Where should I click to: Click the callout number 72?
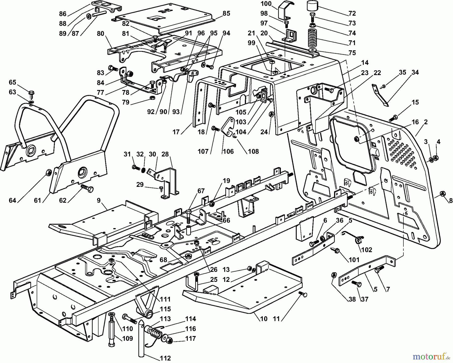pos(352,13)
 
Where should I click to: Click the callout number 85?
pos(226,13)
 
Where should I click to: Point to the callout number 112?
pos(166,358)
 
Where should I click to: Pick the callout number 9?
pos(98,200)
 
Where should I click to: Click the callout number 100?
pos(266,4)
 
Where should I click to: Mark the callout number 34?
pos(415,72)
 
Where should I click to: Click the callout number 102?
pos(366,250)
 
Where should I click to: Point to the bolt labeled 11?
pos(304,294)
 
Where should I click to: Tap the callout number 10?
pos(264,319)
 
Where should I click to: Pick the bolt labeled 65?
pos(32,93)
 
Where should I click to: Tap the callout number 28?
pos(165,154)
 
